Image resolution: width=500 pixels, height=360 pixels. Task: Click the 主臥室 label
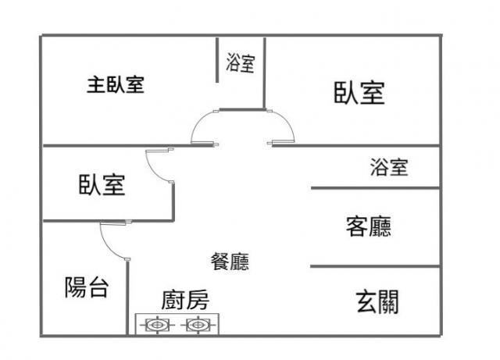115,84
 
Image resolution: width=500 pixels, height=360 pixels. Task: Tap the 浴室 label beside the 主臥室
240,62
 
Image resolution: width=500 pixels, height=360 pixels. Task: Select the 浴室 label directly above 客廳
388,166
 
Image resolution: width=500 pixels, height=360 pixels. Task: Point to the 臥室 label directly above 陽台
102,185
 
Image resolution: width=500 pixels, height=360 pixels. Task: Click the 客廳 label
368,226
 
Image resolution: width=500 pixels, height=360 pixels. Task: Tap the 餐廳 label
230,262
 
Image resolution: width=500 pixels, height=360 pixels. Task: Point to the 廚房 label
185,299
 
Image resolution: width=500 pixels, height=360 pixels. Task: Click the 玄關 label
377,300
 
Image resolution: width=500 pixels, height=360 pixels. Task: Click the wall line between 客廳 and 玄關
375,266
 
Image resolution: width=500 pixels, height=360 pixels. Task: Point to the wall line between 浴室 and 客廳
375,187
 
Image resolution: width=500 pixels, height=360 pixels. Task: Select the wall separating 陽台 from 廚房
127,297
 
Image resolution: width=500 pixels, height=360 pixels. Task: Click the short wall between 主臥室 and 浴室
217,61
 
